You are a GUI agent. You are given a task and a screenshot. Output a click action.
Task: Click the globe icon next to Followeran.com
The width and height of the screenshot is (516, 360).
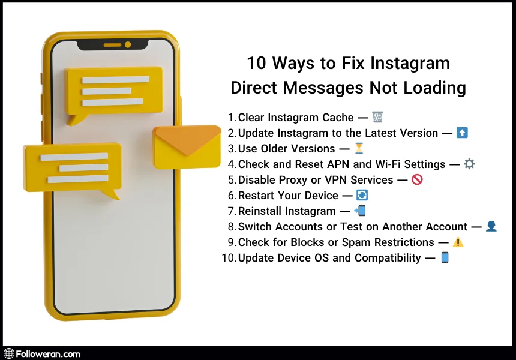(x=9, y=353)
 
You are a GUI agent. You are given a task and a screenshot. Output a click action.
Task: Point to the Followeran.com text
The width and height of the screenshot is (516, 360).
(x=47, y=353)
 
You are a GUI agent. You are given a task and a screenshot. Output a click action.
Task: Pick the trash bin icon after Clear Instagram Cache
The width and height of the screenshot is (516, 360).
(x=377, y=117)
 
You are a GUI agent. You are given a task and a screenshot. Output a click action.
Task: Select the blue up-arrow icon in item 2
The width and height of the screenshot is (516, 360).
(x=462, y=133)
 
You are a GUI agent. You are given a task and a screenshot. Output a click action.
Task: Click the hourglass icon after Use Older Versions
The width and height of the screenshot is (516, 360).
(x=359, y=148)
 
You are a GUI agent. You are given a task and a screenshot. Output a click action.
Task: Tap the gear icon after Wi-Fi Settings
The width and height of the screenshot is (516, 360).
(x=469, y=164)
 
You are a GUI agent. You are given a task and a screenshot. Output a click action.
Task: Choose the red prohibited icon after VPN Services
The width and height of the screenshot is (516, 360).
(x=417, y=179)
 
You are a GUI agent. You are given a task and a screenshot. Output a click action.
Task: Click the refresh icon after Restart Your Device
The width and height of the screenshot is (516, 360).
(x=362, y=195)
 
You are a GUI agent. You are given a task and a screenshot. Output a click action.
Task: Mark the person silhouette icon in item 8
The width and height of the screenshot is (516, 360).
(x=491, y=226)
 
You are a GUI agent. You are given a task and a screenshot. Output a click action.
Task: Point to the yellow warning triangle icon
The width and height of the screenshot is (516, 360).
(x=458, y=242)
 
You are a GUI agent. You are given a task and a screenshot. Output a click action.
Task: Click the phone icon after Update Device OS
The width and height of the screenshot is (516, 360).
(x=445, y=257)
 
